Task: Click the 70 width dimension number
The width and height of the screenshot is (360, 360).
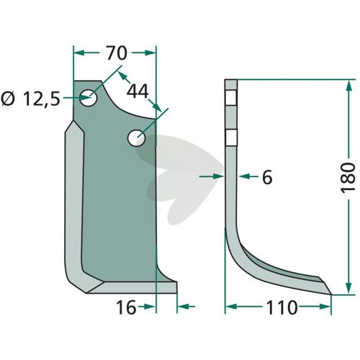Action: click(117, 53)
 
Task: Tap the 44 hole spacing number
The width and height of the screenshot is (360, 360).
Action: click(138, 91)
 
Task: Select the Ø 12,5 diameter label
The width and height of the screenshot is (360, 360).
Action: click(30, 99)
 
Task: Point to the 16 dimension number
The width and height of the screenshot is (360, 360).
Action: click(126, 307)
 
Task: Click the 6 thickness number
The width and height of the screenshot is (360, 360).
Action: click(267, 177)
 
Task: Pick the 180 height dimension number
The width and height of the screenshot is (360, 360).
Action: click(348, 177)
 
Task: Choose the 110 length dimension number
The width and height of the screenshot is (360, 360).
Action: click(282, 307)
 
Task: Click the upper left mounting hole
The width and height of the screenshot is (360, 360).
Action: click(89, 98)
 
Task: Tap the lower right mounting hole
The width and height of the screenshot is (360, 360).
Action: click(137, 138)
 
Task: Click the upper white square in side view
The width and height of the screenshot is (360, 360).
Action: click(231, 98)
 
